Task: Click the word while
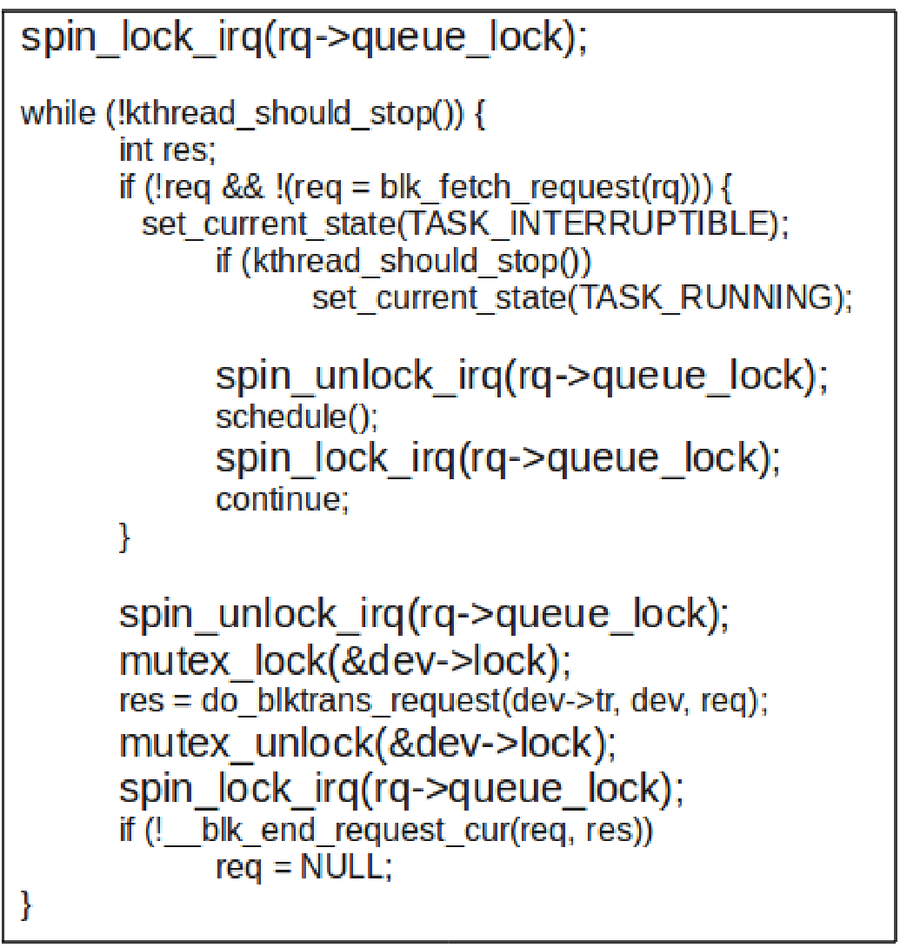click(x=58, y=114)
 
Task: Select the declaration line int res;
click(x=168, y=150)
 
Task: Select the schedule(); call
click(x=297, y=417)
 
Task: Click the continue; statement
click(x=283, y=499)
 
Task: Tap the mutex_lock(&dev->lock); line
click(x=345, y=661)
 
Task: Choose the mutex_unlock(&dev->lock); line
click(x=368, y=743)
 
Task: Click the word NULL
click(x=342, y=866)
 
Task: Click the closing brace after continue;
click(x=124, y=537)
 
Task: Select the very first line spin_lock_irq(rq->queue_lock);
click(x=304, y=37)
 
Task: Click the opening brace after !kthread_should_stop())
click(x=480, y=114)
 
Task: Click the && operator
click(x=243, y=187)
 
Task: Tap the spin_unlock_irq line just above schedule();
click(x=522, y=376)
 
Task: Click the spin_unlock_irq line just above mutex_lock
click(x=424, y=614)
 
